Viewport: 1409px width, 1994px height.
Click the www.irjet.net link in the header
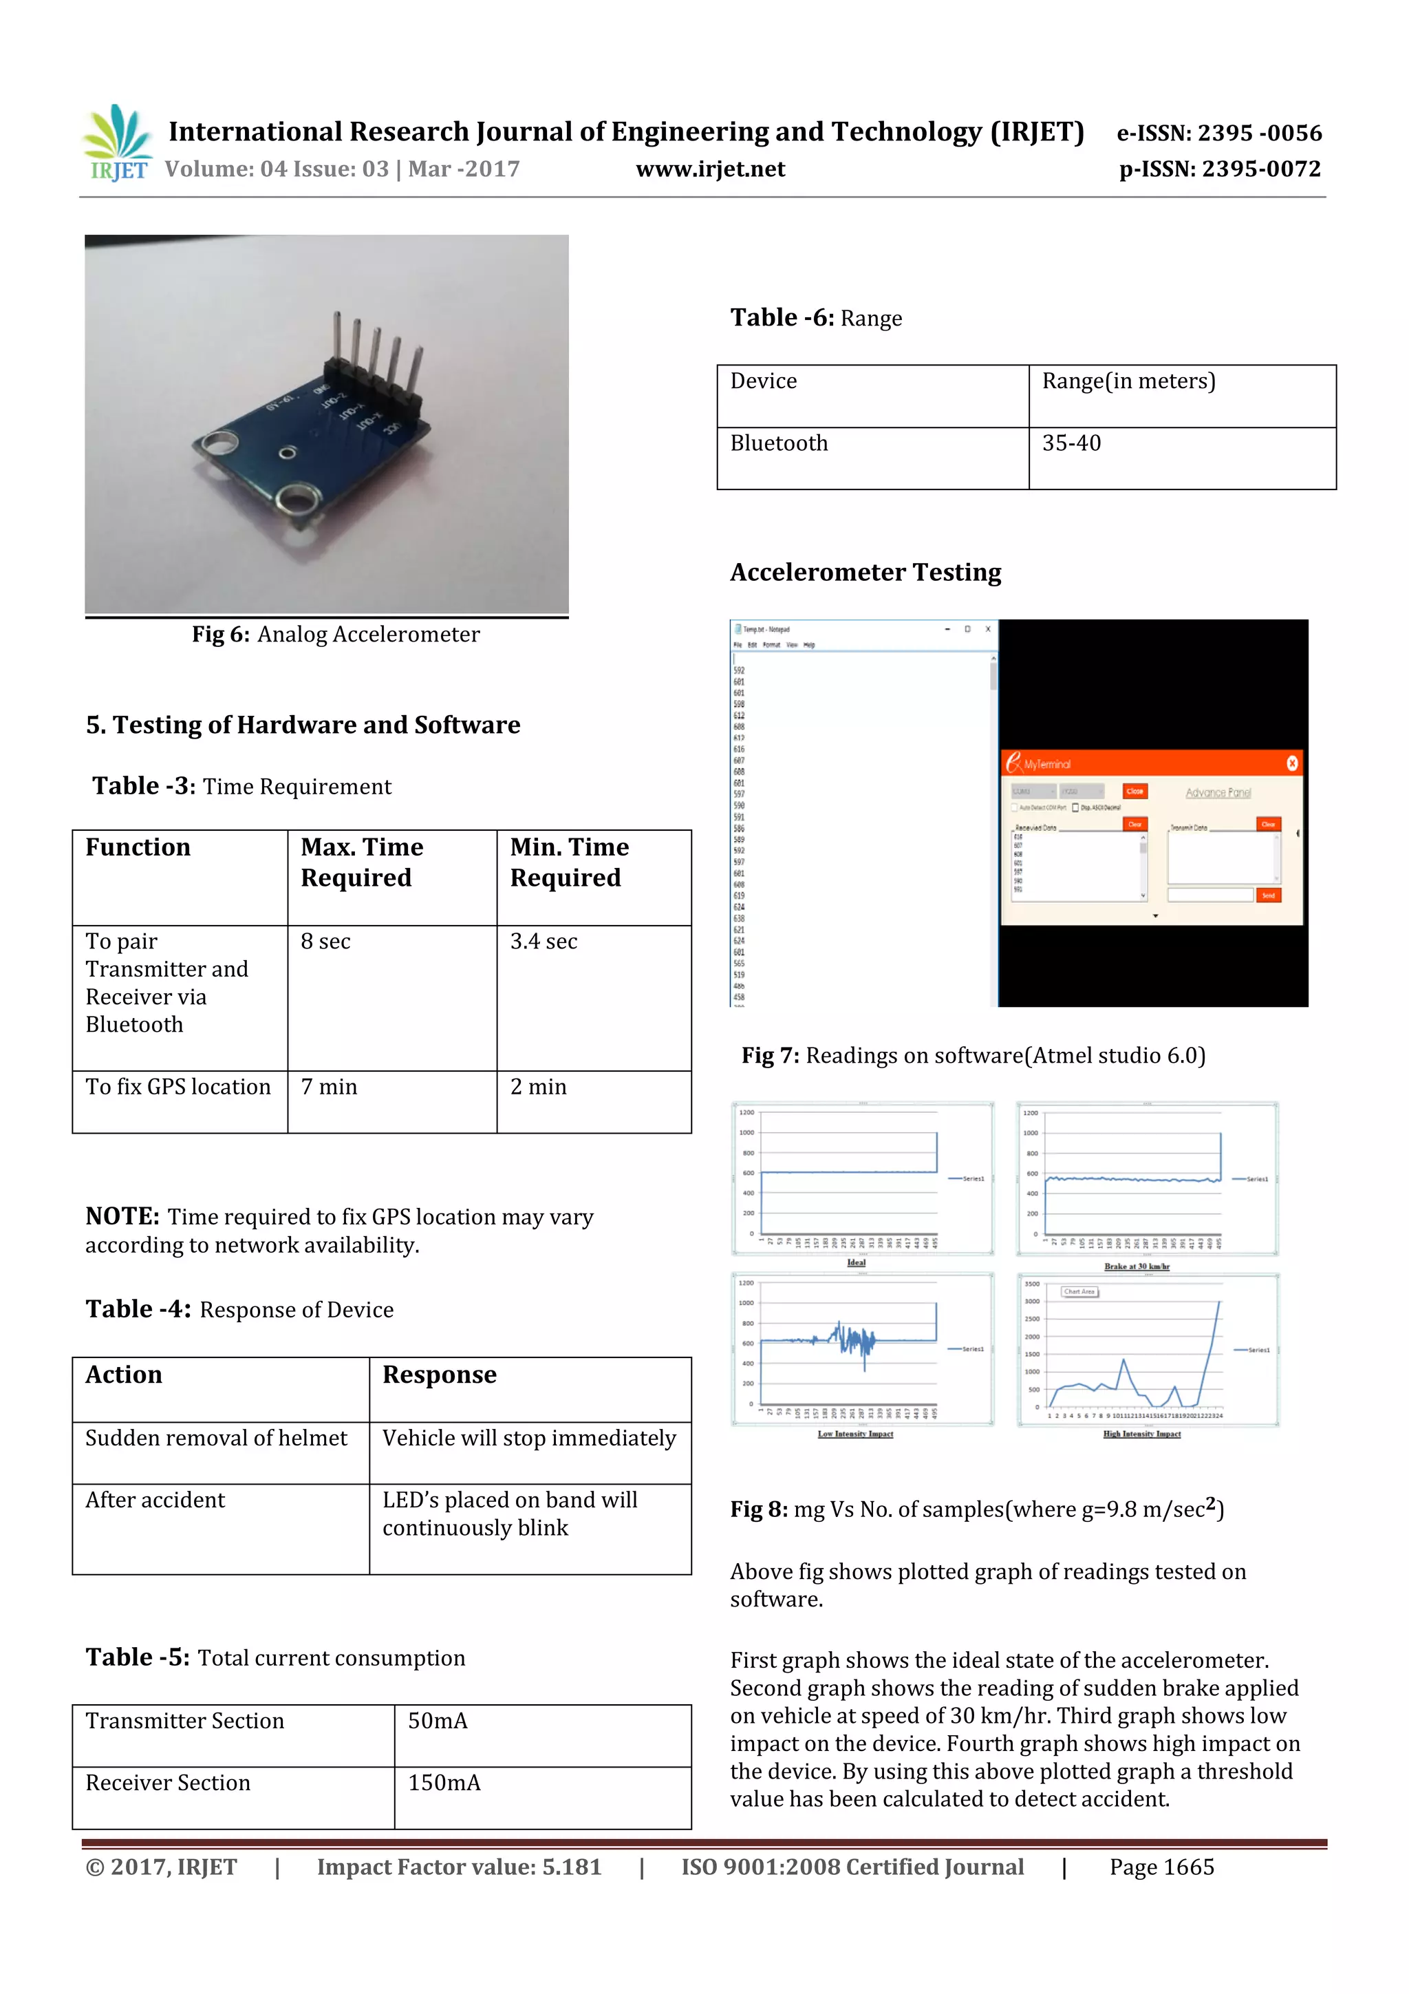click(x=710, y=169)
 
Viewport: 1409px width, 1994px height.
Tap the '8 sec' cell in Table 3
click(x=325, y=942)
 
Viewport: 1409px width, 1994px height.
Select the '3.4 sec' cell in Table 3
click(x=544, y=942)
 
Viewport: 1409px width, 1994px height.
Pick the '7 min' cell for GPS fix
click(x=329, y=1088)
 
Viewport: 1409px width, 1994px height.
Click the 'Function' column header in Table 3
click(x=138, y=847)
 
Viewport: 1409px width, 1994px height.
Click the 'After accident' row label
click(x=155, y=1500)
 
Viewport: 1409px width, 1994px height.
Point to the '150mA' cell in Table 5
click(x=444, y=1782)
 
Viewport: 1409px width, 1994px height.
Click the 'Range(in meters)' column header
click(x=1128, y=381)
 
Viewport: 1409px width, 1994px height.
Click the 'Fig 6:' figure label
click(x=221, y=635)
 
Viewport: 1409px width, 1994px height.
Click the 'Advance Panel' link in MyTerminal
click(x=1218, y=793)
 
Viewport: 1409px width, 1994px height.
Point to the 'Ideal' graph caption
click(x=856, y=1263)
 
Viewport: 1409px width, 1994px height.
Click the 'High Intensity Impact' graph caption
click(x=1141, y=1434)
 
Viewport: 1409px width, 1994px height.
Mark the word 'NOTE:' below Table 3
click(x=122, y=1217)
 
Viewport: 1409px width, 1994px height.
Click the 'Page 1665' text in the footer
click(x=1161, y=1867)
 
